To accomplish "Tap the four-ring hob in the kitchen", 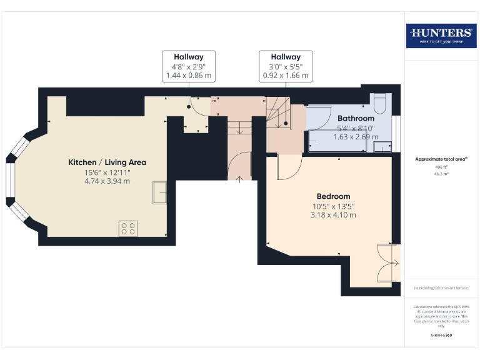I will [x=128, y=228].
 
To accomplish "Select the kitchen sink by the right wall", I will [x=160, y=193].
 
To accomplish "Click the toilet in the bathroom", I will [x=380, y=101].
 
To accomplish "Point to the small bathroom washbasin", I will [x=379, y=146].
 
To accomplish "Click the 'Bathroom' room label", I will [x=356, y=118].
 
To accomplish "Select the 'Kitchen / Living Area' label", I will [x=107, y=162].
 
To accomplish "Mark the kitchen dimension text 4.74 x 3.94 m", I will [x=107, y=181].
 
